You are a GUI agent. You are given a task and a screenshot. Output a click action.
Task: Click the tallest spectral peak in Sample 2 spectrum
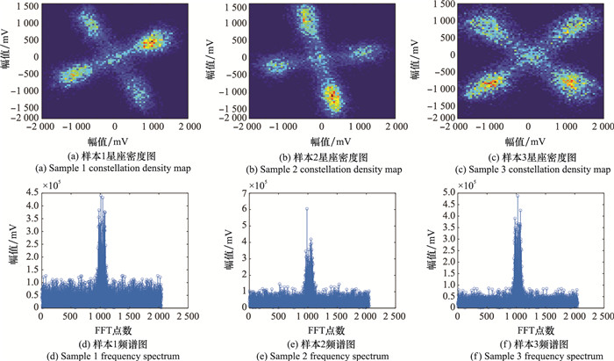tap(306, 208)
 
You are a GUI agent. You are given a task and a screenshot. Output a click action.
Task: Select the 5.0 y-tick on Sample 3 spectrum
tap(443, 191)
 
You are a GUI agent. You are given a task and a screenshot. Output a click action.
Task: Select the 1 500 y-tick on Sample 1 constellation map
tap(25, 6)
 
